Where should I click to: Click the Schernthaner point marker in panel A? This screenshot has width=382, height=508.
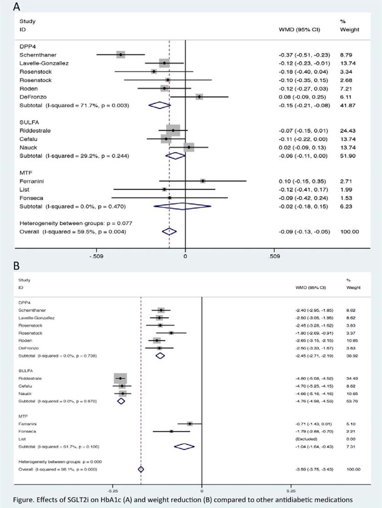click(x=120, y=55)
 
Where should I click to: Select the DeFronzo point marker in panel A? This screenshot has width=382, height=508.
click(x=199, y=97)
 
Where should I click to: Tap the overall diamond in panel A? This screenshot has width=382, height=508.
click(x=169, y=231)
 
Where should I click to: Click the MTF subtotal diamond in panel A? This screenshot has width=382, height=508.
click(x=182, y=206)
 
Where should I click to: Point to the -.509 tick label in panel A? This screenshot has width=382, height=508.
click(x=96, y=256)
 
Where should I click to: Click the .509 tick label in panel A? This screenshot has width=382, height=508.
click(x=274, y=256)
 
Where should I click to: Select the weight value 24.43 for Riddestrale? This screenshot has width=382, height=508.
click(x=348, y=131)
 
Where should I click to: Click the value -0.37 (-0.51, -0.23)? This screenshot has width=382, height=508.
click(x=304, y=55)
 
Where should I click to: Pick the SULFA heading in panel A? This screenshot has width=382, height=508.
click(x=29, y=122)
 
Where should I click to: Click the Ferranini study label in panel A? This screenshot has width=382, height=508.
click(x=32, y=181)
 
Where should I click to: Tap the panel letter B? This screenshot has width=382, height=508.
click(x=16, y=266)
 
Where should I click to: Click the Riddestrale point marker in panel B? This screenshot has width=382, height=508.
click(x=120, y=378)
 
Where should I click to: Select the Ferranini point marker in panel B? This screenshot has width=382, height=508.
click(x=190, y=424)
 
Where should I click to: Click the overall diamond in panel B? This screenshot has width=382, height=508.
click(x=141, y=469)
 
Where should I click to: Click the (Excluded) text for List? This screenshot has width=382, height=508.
click(x=306, y=439)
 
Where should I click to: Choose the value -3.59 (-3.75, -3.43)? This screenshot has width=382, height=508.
click(x=314, y=469)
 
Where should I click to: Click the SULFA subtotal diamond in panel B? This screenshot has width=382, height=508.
click(x=121, y=401)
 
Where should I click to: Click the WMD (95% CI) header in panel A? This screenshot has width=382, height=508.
click(x=299, y=30)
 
